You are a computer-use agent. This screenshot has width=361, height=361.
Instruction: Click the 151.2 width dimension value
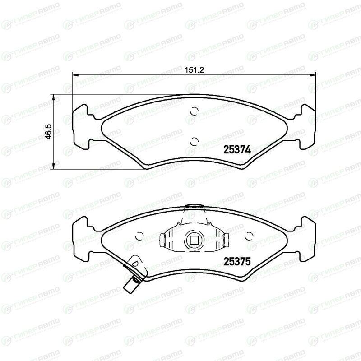194,70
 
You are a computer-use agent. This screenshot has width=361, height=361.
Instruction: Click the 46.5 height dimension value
49,131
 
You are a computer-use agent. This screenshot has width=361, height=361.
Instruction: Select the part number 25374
237,150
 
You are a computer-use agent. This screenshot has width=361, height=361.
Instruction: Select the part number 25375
237,262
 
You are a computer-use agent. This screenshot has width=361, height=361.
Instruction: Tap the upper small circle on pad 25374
194,111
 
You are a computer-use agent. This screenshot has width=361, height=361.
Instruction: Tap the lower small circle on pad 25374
194,141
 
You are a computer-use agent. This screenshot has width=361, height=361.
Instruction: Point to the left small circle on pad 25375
139,236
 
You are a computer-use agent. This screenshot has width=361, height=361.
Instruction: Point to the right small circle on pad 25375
249,236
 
